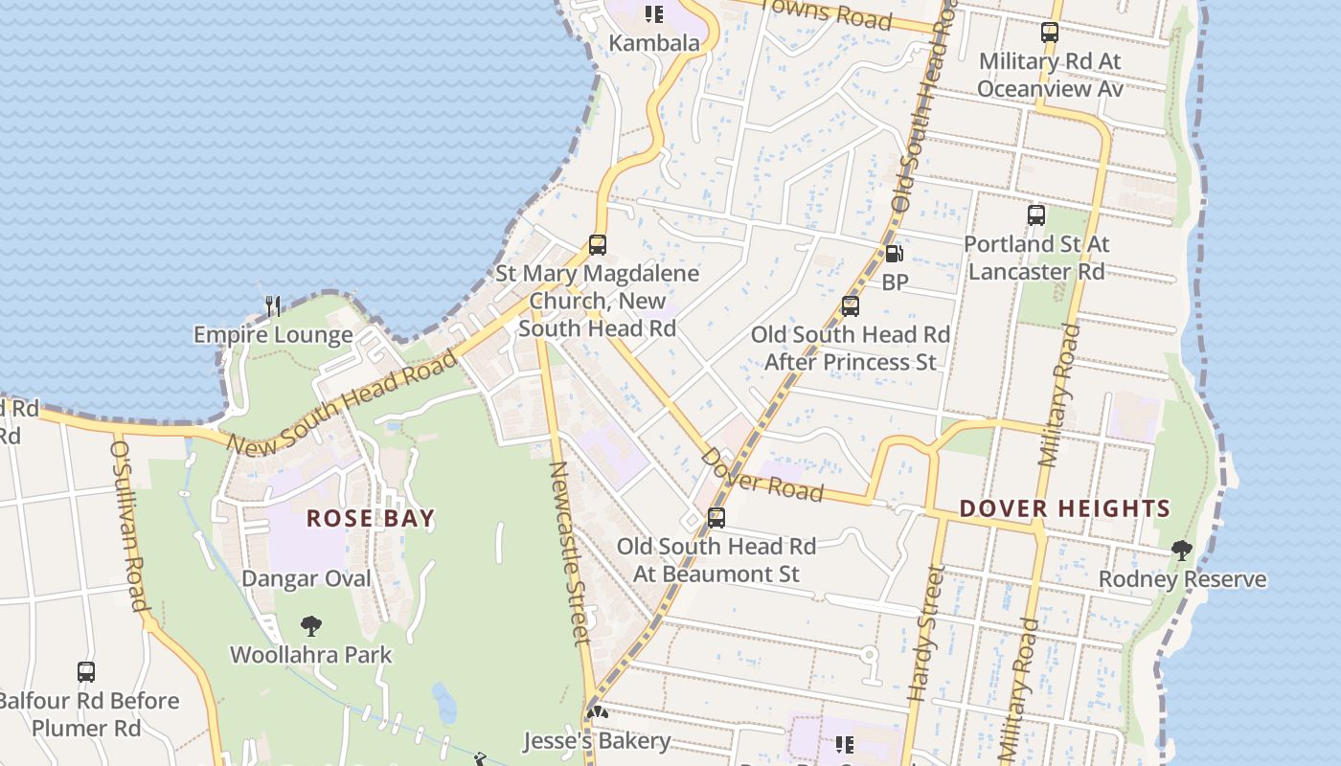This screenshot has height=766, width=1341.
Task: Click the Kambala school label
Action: [655, 43]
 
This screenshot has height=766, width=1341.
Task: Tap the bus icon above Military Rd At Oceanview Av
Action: [1050, 33]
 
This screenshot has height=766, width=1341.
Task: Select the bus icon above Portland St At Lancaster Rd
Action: [1036, 215]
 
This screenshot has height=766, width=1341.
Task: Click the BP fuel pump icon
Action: [894, 254]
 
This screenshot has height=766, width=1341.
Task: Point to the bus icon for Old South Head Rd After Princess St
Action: [850, 306]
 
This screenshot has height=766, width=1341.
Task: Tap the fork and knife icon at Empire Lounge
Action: [273, 306]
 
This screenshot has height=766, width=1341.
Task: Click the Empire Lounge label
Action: [273, 335]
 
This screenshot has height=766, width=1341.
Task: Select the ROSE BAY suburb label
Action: [371, 519]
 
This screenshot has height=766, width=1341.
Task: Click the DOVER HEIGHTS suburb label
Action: [1065, 508]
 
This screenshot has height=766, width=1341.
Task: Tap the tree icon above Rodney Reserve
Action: [1182, 551]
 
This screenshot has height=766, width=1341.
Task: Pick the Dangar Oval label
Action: [306, 578]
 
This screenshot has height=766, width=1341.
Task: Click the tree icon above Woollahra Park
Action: [310, 627]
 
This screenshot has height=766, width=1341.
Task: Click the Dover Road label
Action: [762, 474]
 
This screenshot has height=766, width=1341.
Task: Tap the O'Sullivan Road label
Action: [130, 526]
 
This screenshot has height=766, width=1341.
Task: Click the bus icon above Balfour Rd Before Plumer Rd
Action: [86, 672]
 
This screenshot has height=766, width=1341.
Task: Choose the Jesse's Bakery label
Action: [596, 741]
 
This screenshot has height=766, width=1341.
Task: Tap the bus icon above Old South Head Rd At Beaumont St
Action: [716, 518]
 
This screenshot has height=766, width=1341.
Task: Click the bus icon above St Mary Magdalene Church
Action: [598, 245]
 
